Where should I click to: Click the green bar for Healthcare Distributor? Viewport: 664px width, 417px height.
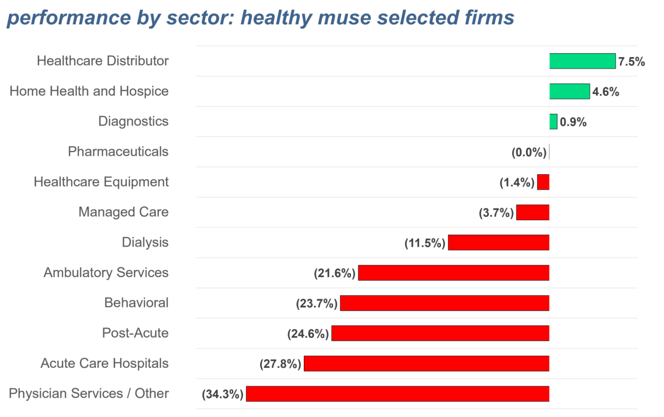(582, 61)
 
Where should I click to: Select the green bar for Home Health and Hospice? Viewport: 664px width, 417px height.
(569, 91)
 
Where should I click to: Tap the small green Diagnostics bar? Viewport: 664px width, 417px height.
(553, 122)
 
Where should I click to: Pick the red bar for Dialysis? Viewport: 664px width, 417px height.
(499, 243)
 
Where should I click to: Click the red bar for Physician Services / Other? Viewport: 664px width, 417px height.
(397, 394)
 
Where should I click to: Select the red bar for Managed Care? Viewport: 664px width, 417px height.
(532, 212)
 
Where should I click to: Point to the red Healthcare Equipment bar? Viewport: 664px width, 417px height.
(543, 182)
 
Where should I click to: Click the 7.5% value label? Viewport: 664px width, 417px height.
(632, 61)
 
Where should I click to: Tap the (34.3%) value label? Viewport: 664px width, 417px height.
(223, 394)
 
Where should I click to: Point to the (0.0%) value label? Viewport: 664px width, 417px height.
(529, 153)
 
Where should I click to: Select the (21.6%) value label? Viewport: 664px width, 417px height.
(334, 273)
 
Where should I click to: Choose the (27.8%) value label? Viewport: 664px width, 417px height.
(280, 364)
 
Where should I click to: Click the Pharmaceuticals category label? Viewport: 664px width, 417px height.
(118, 152)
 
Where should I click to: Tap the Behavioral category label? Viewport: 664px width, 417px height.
(136, 303)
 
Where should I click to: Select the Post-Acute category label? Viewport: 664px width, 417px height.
(135, 333)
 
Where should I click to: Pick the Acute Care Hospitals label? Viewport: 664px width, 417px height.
(105, 363)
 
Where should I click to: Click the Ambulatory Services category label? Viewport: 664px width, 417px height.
(106, 273)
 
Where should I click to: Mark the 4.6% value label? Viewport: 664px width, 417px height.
(605, 92)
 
